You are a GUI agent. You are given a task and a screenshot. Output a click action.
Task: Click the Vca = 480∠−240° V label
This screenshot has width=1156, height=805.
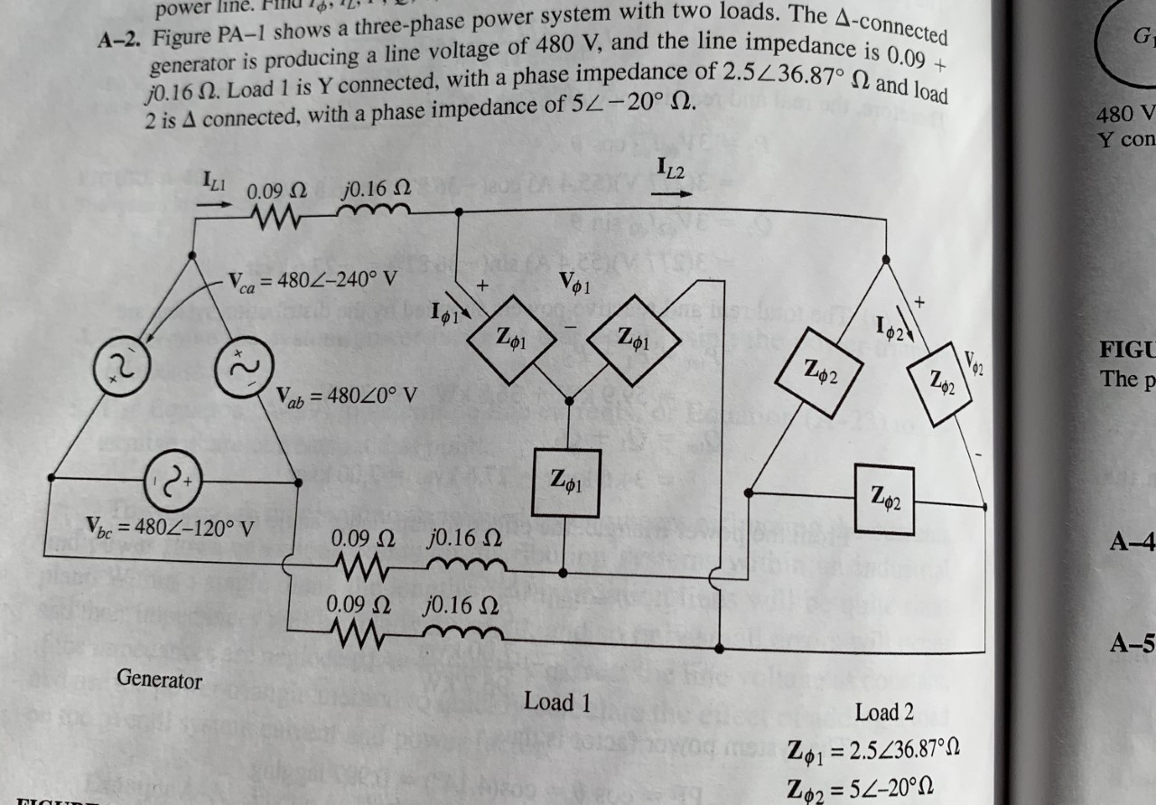pyautogui.click(x=312, y=279)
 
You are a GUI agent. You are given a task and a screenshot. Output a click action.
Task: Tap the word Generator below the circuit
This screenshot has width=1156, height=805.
pyautogui.click(x=159, y=679)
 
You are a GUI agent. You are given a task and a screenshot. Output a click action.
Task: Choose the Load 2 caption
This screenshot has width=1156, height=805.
pyautogui.click(x=884, y=712)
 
